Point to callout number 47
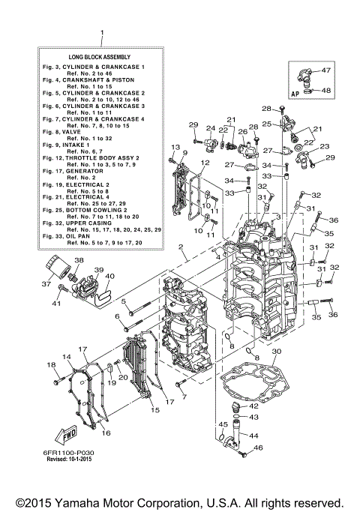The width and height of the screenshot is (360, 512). click(326, 70)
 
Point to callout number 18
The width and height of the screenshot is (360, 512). click(51, 365)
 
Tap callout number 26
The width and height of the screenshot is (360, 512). click(242, 131)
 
